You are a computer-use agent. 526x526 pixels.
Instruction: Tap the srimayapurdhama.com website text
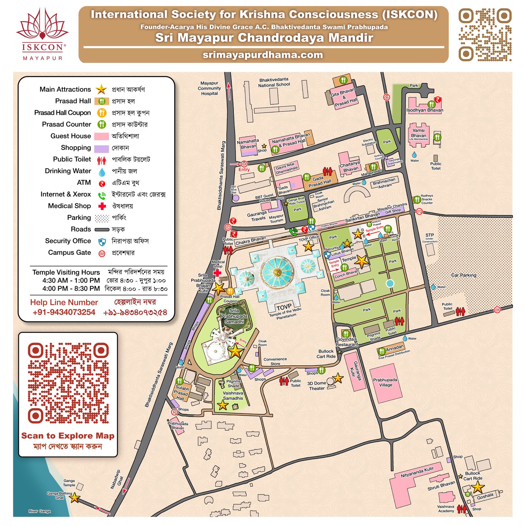pyautogui.click(x=263, y=55)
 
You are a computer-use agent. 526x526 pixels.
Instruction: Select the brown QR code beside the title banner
pyautogui.click(x=485, y=35)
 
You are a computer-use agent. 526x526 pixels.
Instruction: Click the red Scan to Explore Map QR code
pyautogui.click(x=68, y=383)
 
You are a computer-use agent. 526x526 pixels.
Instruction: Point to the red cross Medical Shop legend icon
pyautogui.click(x=102, y=206)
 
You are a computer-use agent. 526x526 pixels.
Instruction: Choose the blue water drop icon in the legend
pyautogui.click(x=102, y=172)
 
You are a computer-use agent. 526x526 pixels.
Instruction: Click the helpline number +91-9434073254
pyautogui.click(x=64, y=312)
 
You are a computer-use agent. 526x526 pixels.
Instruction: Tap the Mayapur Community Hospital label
pyautogui.click(x=209, y=88)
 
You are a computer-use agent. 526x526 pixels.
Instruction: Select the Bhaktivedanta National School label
pyautogui.click(x=274, y=82)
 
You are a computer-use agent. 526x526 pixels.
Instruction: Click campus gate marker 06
pyautogui.click(x=386, y=97)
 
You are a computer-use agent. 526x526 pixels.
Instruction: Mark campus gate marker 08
pyautogui.click(x=497, y=310)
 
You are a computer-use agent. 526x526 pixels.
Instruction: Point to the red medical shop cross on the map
pyautogui.click(x=217, y=273)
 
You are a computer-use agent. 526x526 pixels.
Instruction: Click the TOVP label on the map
pyautogui.click(x=284, y=307)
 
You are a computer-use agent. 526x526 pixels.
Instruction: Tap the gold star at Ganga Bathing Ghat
pyautogui.click(x=75, y=498)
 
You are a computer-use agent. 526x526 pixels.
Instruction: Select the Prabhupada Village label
pyautogui.click(x=385, y=382)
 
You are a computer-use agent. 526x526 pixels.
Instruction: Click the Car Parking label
pyautogui.click(x=464, y=275)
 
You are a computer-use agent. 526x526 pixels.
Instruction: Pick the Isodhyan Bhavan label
pyautogui.click(x=424, y=110)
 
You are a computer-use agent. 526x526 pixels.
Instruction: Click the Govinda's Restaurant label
pyautogui.click(x=347, y=342)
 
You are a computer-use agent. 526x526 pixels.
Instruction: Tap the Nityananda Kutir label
pyautogui.click(x=417, y=472)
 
